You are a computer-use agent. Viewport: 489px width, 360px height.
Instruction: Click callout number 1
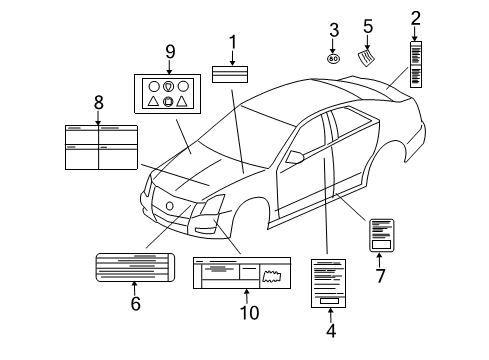pos(233,42)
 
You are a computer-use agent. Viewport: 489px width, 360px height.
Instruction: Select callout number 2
pos(416,17)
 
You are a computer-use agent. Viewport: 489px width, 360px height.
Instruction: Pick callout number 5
pos(368,27)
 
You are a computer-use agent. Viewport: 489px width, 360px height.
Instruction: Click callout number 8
pos(98,102)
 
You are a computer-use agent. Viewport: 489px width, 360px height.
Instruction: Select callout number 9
pos(169,51)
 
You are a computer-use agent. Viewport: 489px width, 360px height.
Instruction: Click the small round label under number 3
pos(333,59)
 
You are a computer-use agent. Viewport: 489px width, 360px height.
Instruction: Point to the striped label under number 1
pos(233,74)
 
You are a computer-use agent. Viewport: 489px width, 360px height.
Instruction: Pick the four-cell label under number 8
pos(99,145)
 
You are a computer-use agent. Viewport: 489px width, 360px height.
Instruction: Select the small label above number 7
pos(381,235)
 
